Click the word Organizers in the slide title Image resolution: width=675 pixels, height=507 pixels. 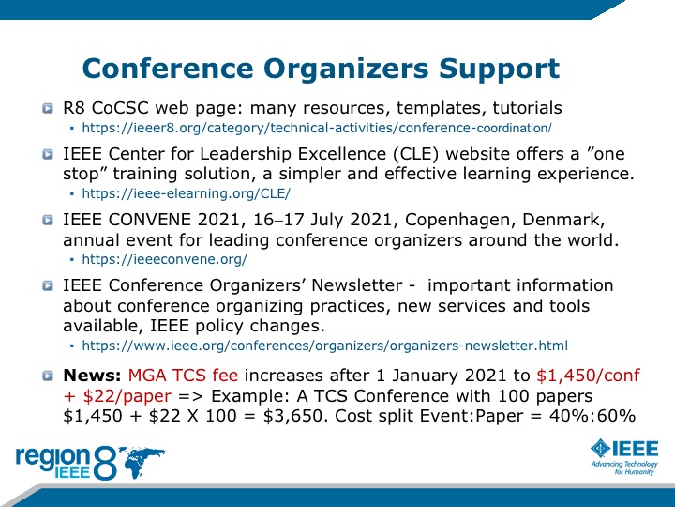coord(346,69)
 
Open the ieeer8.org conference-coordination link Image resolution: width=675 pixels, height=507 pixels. coord(317,128)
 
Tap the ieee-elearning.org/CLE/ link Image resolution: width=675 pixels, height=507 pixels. coord(186,193)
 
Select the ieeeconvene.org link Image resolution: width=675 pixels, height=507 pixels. coord(164,259)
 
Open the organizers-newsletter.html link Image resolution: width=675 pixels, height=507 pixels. coord(325,346)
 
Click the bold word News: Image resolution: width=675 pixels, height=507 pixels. coord(92,376)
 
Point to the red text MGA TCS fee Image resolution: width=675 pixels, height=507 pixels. coord(183,376)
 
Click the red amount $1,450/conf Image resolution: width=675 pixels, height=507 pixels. coord(589,376)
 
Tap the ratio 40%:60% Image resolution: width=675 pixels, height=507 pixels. coord(592,416)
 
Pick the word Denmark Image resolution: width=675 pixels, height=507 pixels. coord(563,220)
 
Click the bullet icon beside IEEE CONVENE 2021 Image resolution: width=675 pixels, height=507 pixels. coord(48,220)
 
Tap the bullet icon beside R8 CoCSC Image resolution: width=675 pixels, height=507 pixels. coord(48,108)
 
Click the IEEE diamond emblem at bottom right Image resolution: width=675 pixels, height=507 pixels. coord(600,449)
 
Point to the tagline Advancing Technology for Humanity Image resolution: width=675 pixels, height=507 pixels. coord(624,468)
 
